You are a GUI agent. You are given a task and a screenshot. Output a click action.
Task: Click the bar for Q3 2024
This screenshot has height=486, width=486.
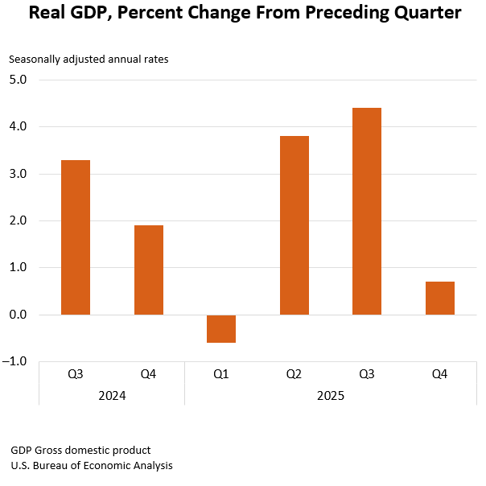click(x=76, y=237)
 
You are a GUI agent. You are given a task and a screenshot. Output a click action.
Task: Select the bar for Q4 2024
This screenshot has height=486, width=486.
click(x=149, y=270)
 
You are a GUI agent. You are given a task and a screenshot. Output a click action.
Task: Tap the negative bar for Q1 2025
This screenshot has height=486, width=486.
click(x=221, y=328)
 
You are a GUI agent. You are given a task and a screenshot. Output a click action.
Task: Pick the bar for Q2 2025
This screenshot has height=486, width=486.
click(x=294, y=225)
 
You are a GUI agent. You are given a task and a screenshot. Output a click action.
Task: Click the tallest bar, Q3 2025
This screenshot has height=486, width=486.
click(x=367, y=211)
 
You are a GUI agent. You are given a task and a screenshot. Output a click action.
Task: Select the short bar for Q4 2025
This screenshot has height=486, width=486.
click(x=440, y=298)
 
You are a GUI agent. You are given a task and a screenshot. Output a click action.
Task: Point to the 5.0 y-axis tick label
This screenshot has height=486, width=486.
click(x=18, y=80)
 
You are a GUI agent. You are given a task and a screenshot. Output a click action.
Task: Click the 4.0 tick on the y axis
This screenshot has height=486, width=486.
click(x=18, y=126)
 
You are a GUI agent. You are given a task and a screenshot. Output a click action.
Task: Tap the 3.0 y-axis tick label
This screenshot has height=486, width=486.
click(x=18, y=174)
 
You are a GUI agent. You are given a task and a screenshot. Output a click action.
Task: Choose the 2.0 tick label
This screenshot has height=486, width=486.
click(x=18, y=220)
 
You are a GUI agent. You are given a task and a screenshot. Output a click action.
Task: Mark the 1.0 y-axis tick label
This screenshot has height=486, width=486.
click(x=18, y=267)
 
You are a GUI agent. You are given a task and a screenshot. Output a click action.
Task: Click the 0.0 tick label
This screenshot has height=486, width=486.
click(x=18, y=315)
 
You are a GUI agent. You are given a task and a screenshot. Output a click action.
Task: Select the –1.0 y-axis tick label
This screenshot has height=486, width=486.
click(x=16, y=361)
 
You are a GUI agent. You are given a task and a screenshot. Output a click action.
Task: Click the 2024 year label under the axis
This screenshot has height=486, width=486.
click(x=112, y=395)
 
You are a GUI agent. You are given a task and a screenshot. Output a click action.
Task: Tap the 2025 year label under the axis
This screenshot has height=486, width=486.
click(x=331, y=395)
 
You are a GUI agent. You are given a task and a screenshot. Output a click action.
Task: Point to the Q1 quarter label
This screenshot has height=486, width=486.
click(x=221, y=374)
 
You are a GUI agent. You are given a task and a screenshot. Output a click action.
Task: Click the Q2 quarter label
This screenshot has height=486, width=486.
click(x=294, y=374)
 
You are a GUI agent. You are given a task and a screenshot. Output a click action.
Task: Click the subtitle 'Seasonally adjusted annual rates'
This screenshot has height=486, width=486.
click(x=89, y=59)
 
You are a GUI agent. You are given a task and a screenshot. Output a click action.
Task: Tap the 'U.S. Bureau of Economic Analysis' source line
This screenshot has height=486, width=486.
click(x=92, y=465)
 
